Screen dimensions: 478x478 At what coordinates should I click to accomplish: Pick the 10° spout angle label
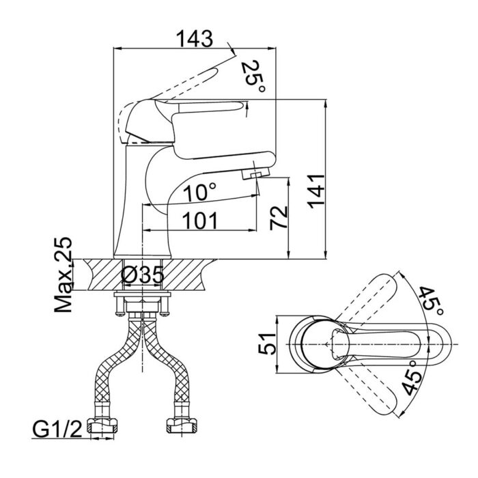tap(200, 193)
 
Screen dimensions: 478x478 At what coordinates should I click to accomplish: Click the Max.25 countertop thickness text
tap(63, 275)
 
